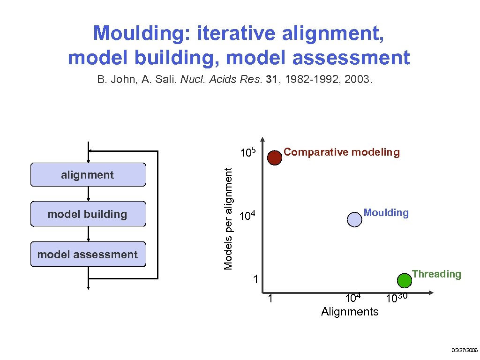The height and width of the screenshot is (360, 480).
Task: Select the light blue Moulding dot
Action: [x=355, y=219]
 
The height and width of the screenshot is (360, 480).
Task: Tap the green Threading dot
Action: [x=404, y=280]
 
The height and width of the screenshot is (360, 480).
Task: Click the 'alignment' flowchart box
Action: [x=88, y=175]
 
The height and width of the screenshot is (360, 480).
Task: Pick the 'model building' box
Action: [x=88, y=214]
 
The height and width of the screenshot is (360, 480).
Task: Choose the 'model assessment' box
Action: [x=88, y=255]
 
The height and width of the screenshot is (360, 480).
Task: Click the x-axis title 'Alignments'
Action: [x=350, y=312]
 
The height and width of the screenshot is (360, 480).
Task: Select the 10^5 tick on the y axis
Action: [x=247, y=152]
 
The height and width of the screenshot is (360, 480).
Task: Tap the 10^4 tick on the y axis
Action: [x=247, y=216]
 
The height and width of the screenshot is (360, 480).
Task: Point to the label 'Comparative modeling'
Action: [x=342, y=152]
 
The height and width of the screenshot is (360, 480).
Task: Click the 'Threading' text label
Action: [x=436, y=274]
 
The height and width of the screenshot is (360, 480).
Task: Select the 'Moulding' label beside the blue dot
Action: [x=386, y=213]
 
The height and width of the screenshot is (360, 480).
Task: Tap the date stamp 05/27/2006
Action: [x=464, y=350]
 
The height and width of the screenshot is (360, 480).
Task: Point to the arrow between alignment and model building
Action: [x=88, y=194]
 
